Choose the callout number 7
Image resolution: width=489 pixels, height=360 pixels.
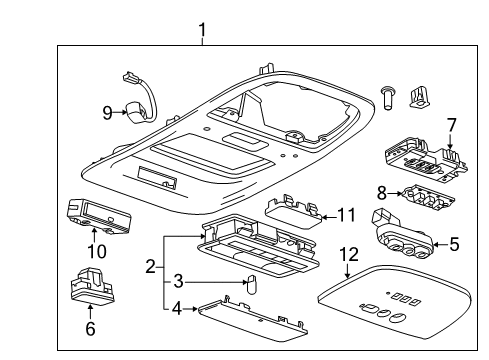[x=451, y=125]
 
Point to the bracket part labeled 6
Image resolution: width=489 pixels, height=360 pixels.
[x=93, y=289]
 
